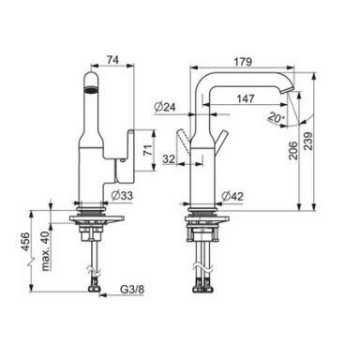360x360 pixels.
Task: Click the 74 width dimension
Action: click(112, 60)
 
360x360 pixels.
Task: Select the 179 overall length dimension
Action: click(243, 61)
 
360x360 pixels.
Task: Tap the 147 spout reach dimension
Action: click(246, 98)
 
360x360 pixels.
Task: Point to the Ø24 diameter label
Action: click(165, 107)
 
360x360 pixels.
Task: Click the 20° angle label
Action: click(277, 118)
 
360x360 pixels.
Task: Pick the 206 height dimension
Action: click(292, 151)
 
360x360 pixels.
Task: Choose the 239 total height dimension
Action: click(307, 142)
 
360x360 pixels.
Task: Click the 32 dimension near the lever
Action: click(169, 159)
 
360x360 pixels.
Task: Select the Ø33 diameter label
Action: click(122, 196)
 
